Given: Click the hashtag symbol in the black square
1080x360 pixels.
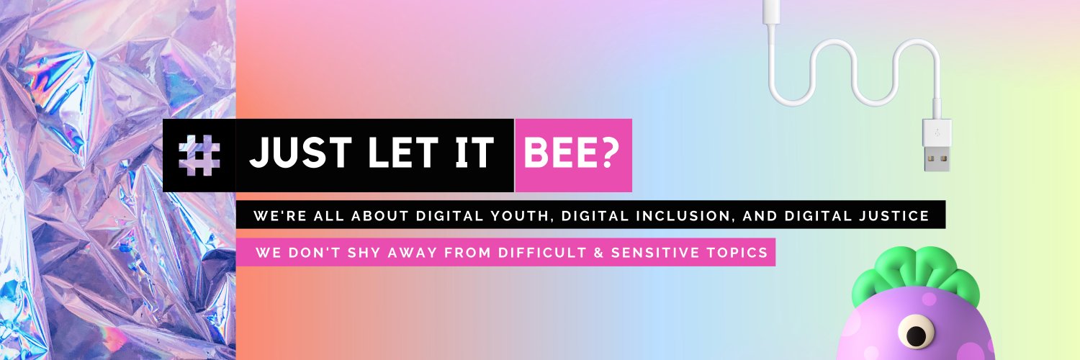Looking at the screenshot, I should click(x=199, y=156).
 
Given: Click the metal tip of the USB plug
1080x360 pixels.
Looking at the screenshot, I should click(x=937, y=159).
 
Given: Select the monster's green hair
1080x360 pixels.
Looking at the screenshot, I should click(x=916, y=271).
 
